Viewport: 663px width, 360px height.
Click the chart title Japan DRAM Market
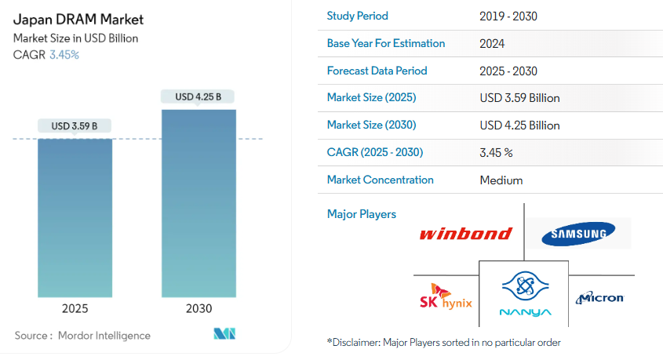pyautogui.click(x=78, y=20)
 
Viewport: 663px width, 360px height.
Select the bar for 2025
pyautogui.click(x=75, y=218)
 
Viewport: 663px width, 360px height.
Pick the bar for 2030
pyautogui.click(x=199, y=204)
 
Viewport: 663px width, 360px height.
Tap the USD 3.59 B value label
pyautogui.click(x=75, y=126)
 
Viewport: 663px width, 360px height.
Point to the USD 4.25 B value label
pyautogui.click(x=198, y=96)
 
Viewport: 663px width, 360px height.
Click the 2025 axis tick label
pyautogui.click(x=75, y=308)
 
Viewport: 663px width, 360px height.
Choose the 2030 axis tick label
pyautogui.click(x=199, y=308)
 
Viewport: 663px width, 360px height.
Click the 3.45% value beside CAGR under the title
pyautogui.click(x=64, y=55)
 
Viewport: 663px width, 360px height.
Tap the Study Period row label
pyautogui.click(x=357, y=16)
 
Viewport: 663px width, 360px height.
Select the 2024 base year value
pyautogui.click(x=492, y=44)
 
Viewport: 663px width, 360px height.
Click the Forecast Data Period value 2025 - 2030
pyautogui.click(x=508, y=71)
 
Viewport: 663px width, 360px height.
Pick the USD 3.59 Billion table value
pyautogui.click(x=519, y=98)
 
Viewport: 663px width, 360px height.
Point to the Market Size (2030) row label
pyautogui.click(x=371, y=125)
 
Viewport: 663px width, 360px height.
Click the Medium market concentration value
pyautogui.click(x=501, y=180)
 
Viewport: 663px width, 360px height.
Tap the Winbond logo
pyautogui.click(x=466, y=234)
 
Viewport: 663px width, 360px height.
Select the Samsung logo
pyautogui.click(x=578, y=234)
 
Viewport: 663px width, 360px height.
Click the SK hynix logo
pyautogui.click(x=446, y=296)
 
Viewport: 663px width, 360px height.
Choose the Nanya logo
pyautogui.click(x=525, y=293)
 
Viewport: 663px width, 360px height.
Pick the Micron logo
pyautogui.click(x=599, y=298)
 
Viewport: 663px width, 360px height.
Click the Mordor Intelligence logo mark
pyautogui.click(x=224, y=334)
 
